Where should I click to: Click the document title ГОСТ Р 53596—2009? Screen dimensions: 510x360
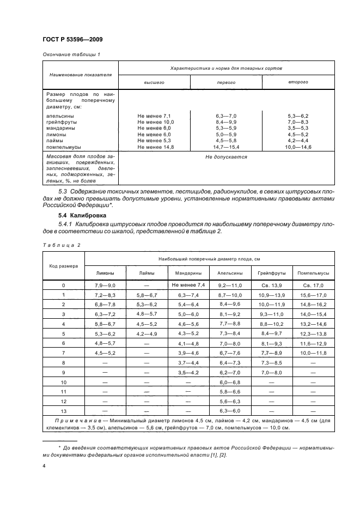72,40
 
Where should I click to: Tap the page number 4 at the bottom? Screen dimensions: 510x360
44,466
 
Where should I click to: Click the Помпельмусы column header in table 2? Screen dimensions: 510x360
313,273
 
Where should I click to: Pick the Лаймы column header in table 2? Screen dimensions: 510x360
147,273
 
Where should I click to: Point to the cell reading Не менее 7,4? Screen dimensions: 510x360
187,285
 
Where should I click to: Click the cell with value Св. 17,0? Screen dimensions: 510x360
313,285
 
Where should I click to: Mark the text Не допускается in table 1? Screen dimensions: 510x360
226,157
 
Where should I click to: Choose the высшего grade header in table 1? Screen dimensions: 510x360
154,82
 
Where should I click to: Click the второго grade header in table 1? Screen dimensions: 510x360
298,82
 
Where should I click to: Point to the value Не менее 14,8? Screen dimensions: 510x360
154,147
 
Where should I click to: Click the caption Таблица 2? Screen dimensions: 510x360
61,245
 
